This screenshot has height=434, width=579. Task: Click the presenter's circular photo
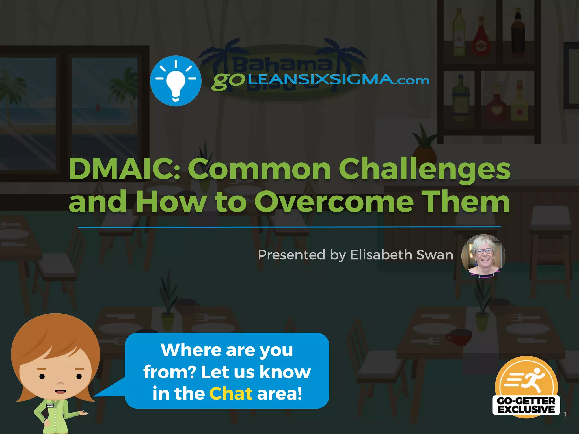tap(483, 256)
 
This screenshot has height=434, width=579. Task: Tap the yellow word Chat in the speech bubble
tap(231, 393)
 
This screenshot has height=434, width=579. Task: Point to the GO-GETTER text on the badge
tap(526, 401)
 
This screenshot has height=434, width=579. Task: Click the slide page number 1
tap(565, 415)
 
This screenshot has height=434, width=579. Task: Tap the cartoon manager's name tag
tap(50, 406)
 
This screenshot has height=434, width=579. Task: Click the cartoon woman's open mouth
tap(60, 392)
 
